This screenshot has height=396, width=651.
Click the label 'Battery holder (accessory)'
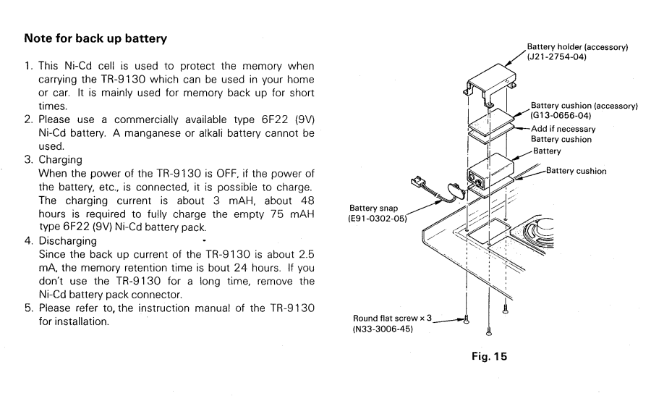pos(577,49)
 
